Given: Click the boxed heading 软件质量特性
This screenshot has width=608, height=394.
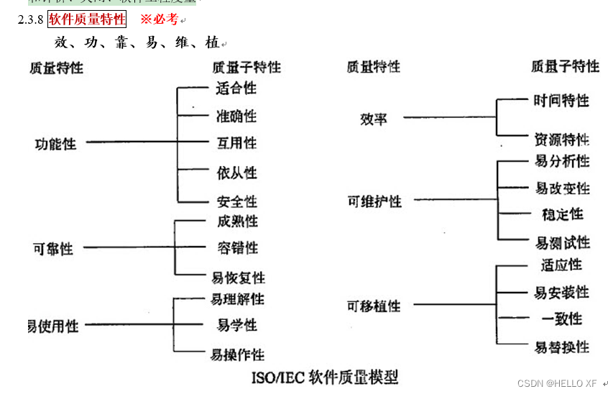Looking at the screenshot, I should tap(87, 19).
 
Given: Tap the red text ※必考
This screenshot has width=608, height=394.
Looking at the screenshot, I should tap(159, 19).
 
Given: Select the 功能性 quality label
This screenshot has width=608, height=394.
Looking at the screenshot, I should tap(55, 144).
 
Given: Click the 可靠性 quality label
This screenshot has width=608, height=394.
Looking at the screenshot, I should tap(53, 249).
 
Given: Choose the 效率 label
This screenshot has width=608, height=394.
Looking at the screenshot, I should tap(374, 119).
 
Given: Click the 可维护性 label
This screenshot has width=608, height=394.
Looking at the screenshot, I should tap(374, 202).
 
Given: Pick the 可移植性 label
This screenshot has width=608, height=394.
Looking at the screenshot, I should tap(374, 306).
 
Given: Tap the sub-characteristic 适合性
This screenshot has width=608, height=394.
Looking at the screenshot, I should tap(236, 89).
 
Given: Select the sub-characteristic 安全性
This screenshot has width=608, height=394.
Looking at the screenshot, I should tap(237, 202).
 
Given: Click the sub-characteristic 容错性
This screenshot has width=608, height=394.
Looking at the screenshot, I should tap(238, 248).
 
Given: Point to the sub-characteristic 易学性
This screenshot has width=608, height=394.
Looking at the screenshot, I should tap(237, 326).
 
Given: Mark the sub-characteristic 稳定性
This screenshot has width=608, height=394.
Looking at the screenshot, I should tap(563, 214).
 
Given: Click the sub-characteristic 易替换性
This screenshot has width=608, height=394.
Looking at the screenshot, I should tap(562, 348).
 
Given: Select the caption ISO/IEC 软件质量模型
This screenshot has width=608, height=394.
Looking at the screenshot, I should tap(325, 376).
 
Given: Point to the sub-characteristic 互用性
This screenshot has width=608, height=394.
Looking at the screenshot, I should tap(237, 144).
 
